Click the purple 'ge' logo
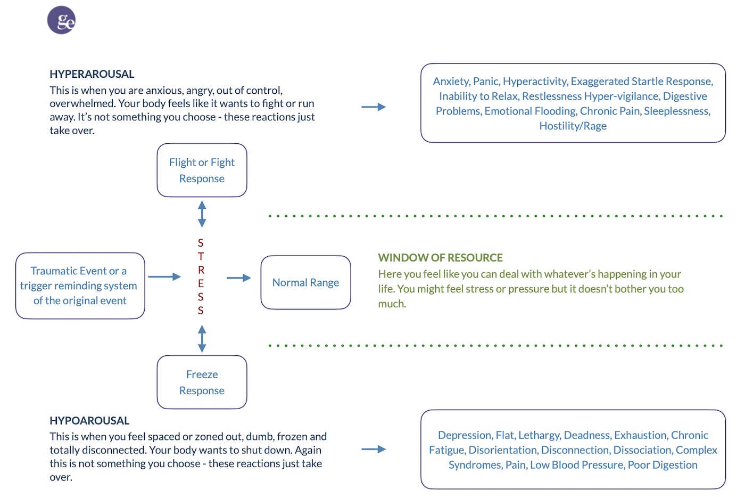(61, 20)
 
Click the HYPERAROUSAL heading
(92, 74)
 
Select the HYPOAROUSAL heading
(89, 420)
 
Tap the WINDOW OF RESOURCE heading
(441, 257)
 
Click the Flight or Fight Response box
(202, 170)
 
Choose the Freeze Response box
(202, 382)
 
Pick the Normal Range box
(305, 282)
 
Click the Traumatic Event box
(80, 286)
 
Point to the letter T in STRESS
(201, 256)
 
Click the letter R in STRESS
(201, 270)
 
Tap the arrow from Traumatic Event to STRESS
(164, 276)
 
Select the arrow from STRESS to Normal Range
(238, 278)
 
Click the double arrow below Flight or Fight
(202, 214)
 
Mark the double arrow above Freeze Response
(202, 339)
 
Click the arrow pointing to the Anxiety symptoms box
(374, 107)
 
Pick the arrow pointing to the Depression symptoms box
(374, 450)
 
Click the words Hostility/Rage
(573, 126)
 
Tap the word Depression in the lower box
(466, 435)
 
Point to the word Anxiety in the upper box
(451, 81)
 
